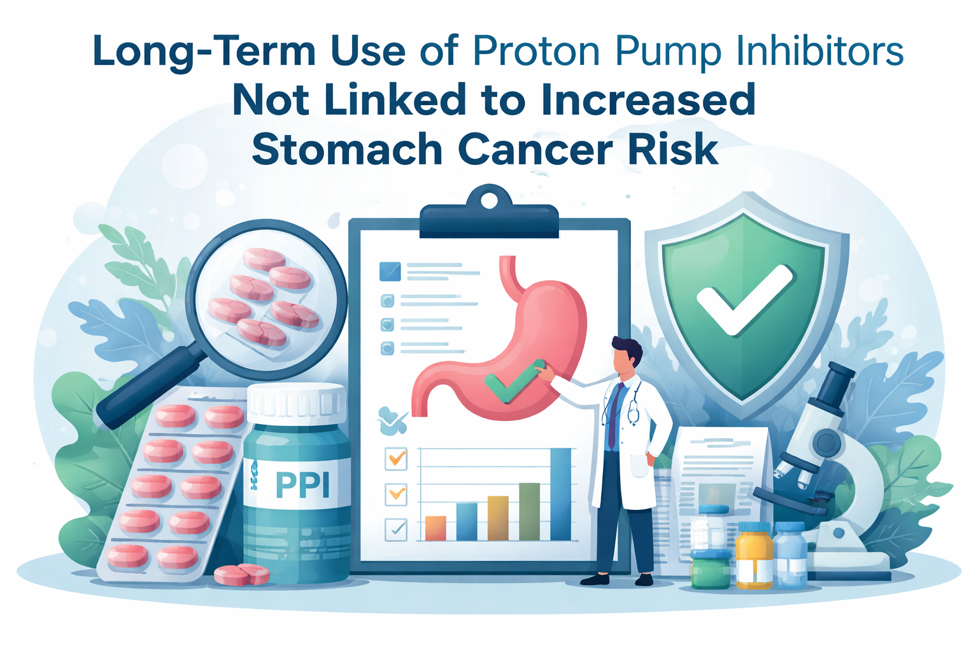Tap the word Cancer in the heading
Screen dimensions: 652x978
[x=535, y=150]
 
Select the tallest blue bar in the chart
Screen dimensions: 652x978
[x=560, y=494]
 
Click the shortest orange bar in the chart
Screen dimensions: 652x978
[x=436, y=528]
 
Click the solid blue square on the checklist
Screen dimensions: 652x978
[x=390, y=271]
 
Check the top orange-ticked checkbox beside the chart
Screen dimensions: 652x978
[x=396, y=458]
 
